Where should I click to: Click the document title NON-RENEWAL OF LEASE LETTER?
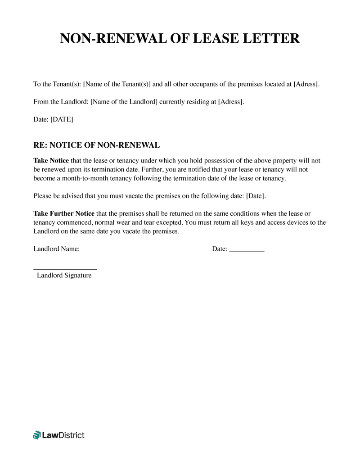click(180, 39)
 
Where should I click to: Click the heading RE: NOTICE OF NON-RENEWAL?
click(96, 145)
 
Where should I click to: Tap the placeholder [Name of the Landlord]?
click(124, 102)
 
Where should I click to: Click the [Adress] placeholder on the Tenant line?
click(306, 84)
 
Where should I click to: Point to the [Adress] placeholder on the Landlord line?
click(230, 102)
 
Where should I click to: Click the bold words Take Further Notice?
click(64, 213)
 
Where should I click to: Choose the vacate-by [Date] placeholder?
click(256, 196)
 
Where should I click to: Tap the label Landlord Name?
click(56, 249)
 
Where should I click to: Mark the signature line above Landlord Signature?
click(65, 269)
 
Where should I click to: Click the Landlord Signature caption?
click(64, 276)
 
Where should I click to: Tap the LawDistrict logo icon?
click(37, 435)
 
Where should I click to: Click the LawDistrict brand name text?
click(63, 435)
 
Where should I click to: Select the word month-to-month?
click(78, 178)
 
